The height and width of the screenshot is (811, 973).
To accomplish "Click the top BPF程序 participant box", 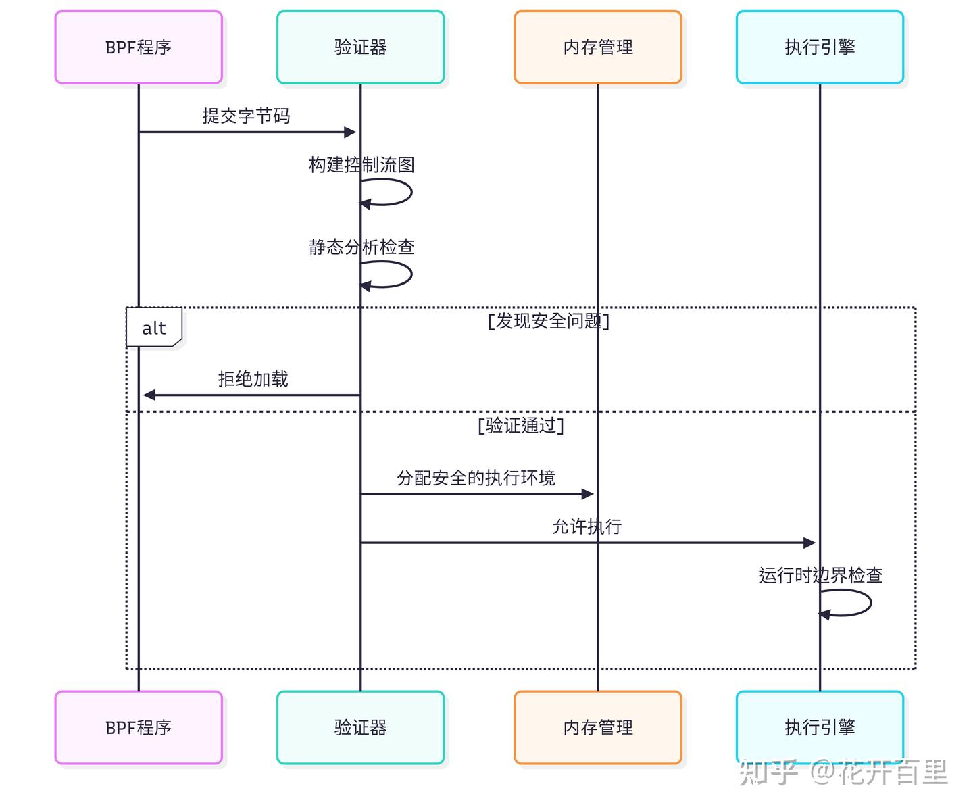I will pyautogui.click(x=139, y=47).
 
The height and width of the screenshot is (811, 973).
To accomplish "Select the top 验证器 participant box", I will pyautogui.click(x=360, y=47).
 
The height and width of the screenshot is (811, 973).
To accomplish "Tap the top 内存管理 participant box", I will pyautogui.click(x=597, y=47).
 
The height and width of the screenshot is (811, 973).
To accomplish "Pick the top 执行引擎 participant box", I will pyautogui.click(x=820, y=47).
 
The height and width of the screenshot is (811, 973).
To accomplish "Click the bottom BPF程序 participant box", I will pyautogui.click(x=139, y=728).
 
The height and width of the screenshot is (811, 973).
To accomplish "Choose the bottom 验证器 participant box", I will pyautogui.click(x=360, y=728).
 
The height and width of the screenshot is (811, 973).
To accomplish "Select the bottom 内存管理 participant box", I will pyautogui.click(x=597, y=728).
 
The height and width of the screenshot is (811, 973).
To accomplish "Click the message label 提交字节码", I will pyautogui.click(x=246, y=116).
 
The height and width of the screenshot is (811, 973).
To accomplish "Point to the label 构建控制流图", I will pyautogui.click(x=361, y=165).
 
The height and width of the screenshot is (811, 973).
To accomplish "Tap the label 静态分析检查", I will pyautogui.click(x=361, y=247).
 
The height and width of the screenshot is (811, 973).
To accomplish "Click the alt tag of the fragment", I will pyautogui.click(x=154, y=328).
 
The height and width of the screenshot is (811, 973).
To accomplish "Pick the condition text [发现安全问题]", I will pyautogui.click(x=548, y=321).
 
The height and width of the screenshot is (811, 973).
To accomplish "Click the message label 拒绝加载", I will pyautogui.click(x=253, y=379).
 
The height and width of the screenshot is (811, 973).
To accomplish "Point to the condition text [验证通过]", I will pyautogui.click(x=520, y=425).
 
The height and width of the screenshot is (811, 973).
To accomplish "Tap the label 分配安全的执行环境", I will pyautogui.click(x=476, y=478).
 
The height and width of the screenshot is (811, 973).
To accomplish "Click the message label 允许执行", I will pyautogui.click(x=587, y=526).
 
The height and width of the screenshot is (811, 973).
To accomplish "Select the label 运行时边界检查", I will pyautogui.click(x=820, y=576).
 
